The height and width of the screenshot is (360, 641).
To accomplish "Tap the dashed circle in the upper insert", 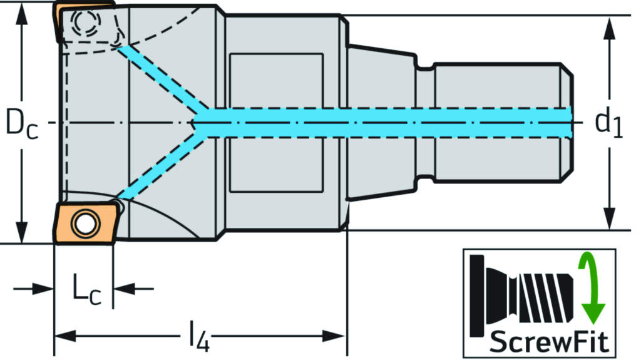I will (85, 23).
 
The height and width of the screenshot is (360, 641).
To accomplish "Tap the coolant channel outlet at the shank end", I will (568, 121).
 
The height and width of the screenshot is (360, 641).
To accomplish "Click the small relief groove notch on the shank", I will (425, 65).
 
